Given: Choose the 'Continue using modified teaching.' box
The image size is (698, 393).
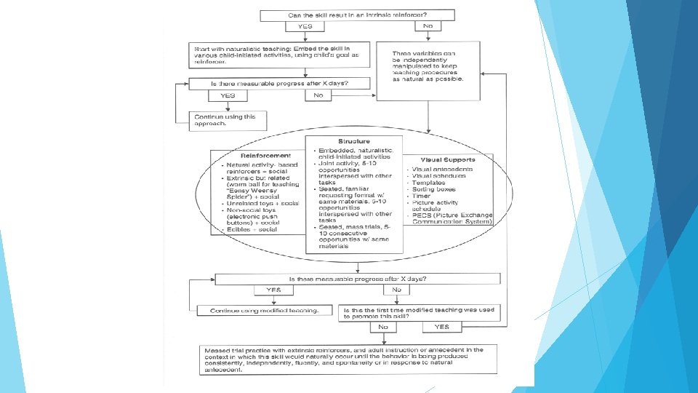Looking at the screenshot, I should [x=265, y=311].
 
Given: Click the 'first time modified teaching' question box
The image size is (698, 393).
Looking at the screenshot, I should [x=421, y=311].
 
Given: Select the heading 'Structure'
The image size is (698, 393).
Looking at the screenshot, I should [x=353, y=141].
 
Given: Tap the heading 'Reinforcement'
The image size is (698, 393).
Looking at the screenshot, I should [x=260, y=155].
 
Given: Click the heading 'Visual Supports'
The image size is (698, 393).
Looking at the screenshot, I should [x=448, y=159].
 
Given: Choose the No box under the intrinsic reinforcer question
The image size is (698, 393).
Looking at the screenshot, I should [x=428, y=26].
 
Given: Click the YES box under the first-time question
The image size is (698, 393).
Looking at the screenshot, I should [x=441, y=327].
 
